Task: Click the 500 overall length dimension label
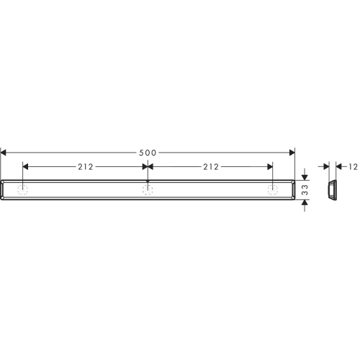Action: click(x=148, y=153)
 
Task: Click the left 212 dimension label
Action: click(x=86, y=167)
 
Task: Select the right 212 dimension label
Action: click(x=211, y=167)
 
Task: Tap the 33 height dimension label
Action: click(x=305, y=189)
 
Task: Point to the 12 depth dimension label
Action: click(x=354, y=167)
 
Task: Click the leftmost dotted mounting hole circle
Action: click(x=22, y=190)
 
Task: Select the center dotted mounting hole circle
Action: click(x=148, y=190)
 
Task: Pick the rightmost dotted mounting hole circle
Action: click(x=273, y=190)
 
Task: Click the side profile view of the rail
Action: click(x=333, y=189)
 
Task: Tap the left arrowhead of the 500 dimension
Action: click(x=4, y=153)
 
